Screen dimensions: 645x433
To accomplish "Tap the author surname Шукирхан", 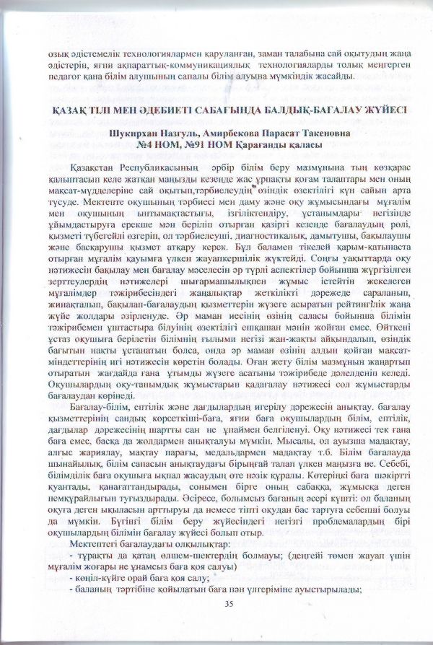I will (134, 133).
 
